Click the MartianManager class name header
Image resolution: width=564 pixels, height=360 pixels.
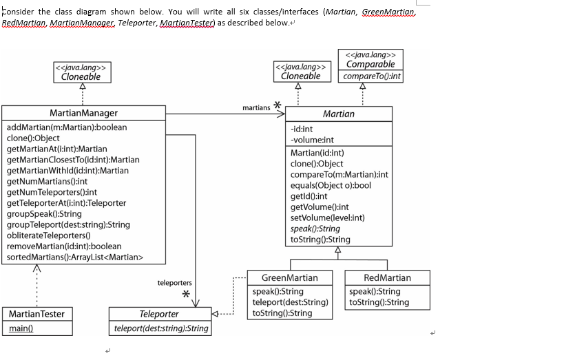click(x=83, y=113)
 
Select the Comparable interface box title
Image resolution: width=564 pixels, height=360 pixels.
click(x=370, y=64)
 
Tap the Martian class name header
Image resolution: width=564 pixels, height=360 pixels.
click(x=338, y=114)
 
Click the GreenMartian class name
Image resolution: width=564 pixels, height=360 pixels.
click(x=290, y=277)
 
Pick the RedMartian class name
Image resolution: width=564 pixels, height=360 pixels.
click(x=386, y=277)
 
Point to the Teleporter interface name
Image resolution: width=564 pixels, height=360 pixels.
click(x=159, y=314)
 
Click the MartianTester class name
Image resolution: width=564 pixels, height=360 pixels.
click(x=36, y=314)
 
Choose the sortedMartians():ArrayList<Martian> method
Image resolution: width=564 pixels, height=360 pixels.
click(x=74, y=257)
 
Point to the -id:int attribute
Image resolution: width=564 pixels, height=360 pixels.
click(x=302, y=129)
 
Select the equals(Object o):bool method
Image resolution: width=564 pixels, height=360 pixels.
click(x=331, y=185)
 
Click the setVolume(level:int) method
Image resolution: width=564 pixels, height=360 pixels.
click(x=327, y=218)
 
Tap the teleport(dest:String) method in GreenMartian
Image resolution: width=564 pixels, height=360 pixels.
click(x=290, y=302)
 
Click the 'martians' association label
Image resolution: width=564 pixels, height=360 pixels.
click(x=256, y=108)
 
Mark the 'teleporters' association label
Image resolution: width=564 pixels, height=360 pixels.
click(x=174, y=283)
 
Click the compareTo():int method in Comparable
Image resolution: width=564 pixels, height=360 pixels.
click(x=370, y=76)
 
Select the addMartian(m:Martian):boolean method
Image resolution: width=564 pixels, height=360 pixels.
click(x=66, y=127)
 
